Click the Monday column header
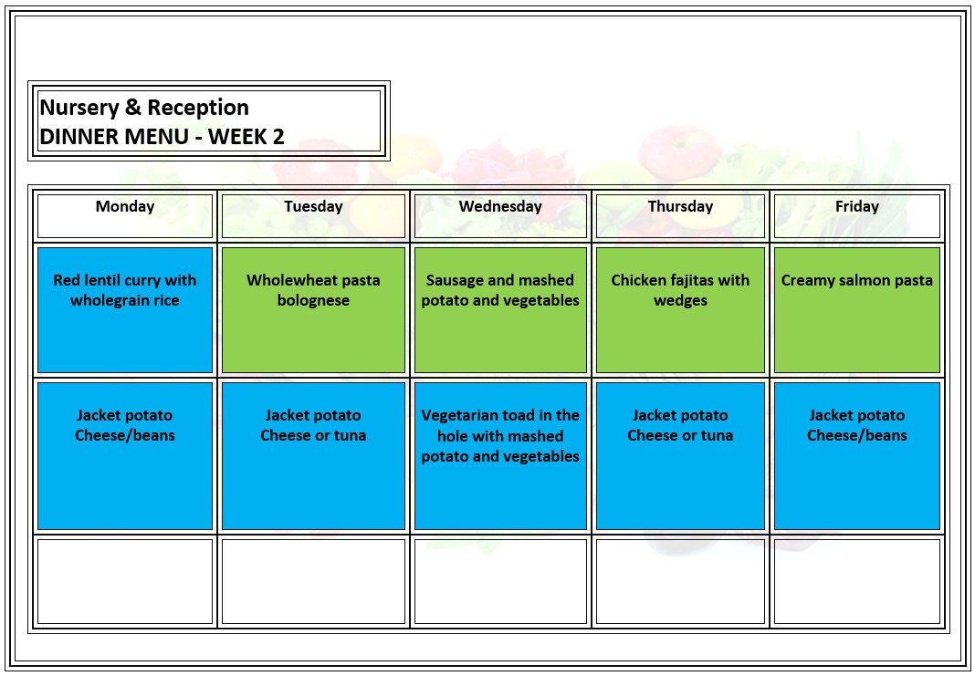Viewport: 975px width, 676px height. tap(125, 207)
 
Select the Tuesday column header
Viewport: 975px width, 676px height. tap(313, 207)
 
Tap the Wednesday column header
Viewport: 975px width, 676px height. tap(500, 207)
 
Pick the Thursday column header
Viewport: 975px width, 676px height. tap(680, 207)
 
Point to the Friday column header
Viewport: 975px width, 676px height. tap(856, 207)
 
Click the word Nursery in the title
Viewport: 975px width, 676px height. tap(79, 108)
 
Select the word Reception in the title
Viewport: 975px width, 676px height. tap(198, 109)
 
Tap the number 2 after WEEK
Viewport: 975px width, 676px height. tap(278, 138)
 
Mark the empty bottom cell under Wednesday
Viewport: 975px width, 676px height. tap(500, 581)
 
